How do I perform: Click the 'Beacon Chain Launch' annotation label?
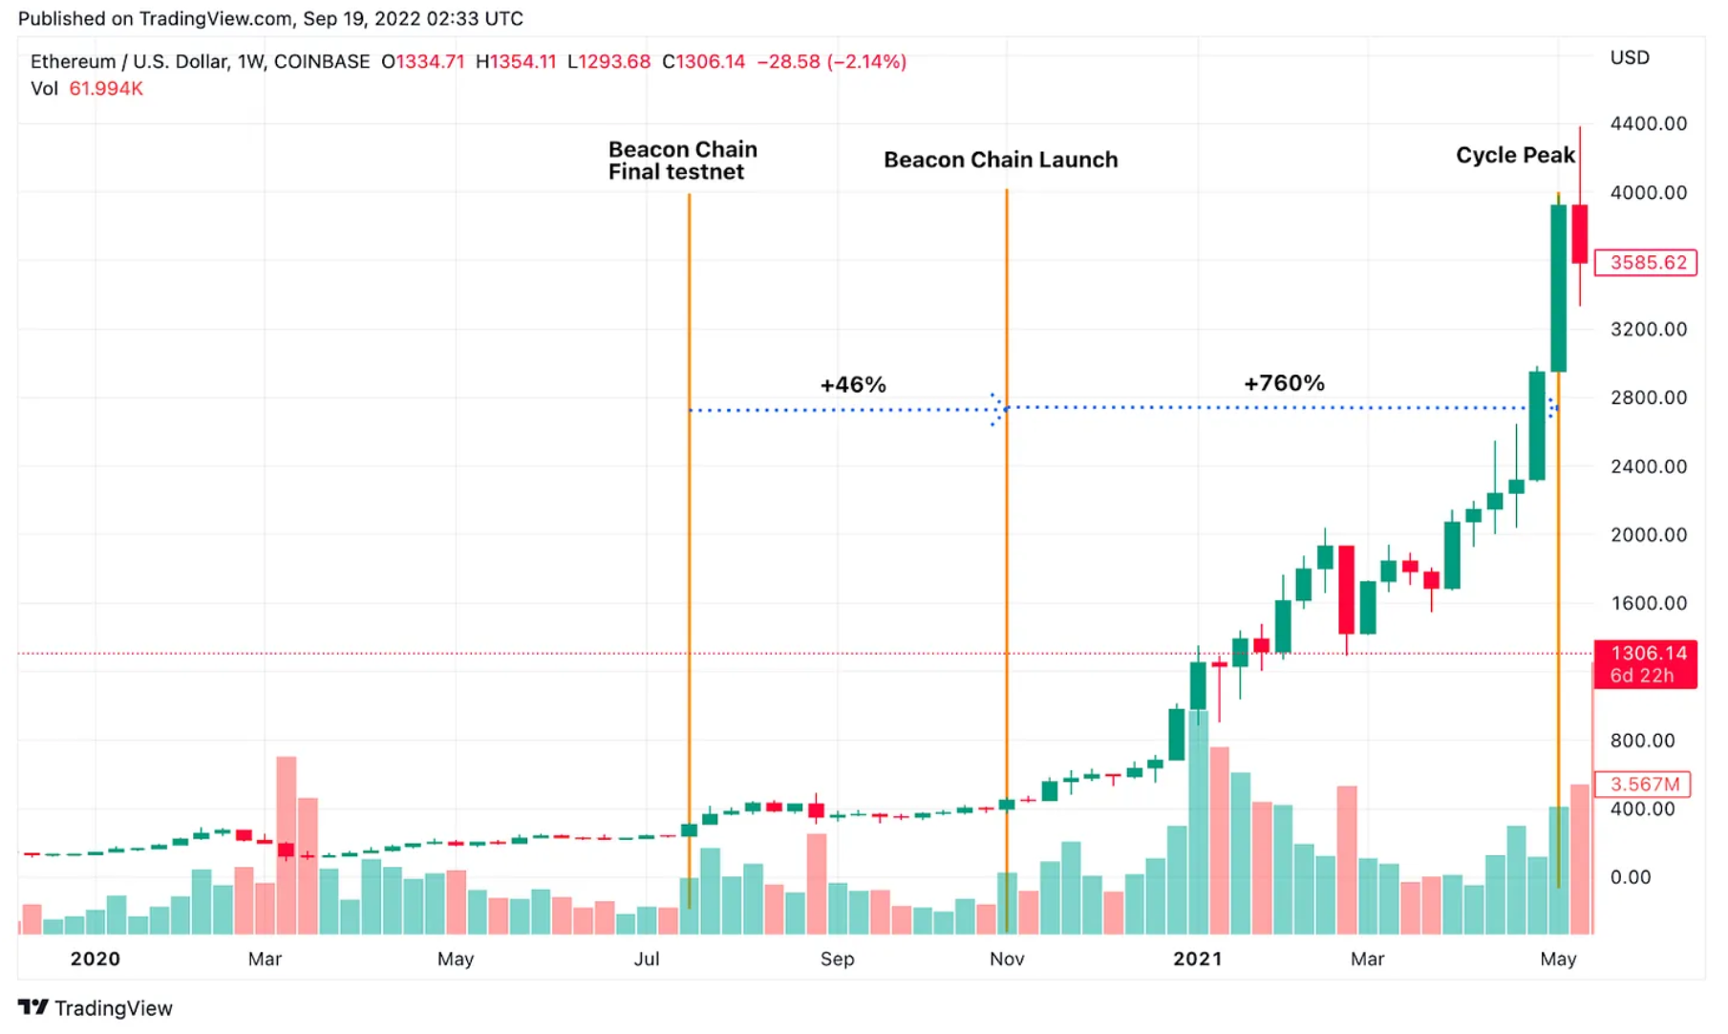coord(1000,160)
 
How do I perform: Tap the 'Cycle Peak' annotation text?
coord(1514,155)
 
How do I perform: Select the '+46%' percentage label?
coord(853,385)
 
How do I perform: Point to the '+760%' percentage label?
coord(1284,383)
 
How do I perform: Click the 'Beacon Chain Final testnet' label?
coord(682,161)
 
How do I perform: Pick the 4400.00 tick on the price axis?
coord(1648,123)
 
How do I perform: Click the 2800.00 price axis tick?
coord(1648,398)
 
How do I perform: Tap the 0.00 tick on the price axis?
coord(1630,877)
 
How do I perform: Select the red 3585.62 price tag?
coord(1647,263)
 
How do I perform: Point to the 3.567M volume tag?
coord(1643,785)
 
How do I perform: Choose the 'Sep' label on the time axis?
coord(837,959)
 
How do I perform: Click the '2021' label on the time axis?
coord(1197,959)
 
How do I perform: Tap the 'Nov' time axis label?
coord(1007,959)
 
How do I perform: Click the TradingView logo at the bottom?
coord(96,1008)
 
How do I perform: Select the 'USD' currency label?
coord(1630,57)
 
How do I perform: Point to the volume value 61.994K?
coord(106,89)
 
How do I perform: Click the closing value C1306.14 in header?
coord(704,62)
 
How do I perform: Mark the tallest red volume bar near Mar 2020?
coord(287,845)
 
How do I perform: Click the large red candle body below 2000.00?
coord(1347,589)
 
